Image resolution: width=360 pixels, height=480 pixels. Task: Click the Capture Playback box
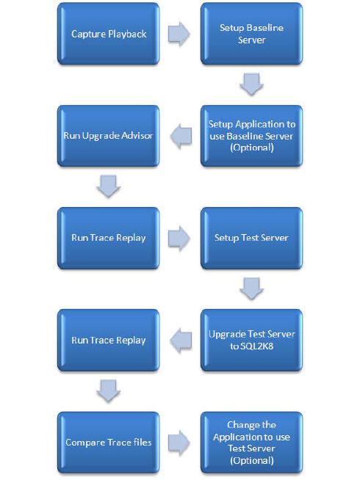(109, 34)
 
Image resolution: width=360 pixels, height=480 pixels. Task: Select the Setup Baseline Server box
(251, 34)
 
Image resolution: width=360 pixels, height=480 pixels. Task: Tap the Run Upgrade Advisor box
(109, 136)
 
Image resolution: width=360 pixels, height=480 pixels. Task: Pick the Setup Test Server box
(251, 238)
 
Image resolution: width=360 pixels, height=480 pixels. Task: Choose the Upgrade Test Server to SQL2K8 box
(251, 341)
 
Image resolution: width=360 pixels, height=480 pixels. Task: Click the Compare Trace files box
(109, 443)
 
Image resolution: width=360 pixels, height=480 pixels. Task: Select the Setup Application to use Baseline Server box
(251, 136)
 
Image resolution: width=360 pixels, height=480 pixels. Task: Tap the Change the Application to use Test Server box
(251, 443)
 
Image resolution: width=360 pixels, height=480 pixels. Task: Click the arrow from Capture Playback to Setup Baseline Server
(179, 34)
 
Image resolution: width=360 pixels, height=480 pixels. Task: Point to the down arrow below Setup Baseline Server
(251, 84)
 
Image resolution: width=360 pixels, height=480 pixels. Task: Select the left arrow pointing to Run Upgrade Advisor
(181, 136)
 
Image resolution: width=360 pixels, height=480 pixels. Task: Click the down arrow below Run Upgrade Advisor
(109, 186)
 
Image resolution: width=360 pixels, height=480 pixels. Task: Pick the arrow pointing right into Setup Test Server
(179, 239)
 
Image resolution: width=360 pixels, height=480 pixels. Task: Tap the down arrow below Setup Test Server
(251, 288)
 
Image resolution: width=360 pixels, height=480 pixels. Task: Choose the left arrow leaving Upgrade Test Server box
(181, 341)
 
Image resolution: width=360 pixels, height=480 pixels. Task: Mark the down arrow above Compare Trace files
(109, 390)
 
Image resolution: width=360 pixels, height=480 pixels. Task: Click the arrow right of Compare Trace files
(179, 443)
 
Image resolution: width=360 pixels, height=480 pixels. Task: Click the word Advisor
(137, 135)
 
